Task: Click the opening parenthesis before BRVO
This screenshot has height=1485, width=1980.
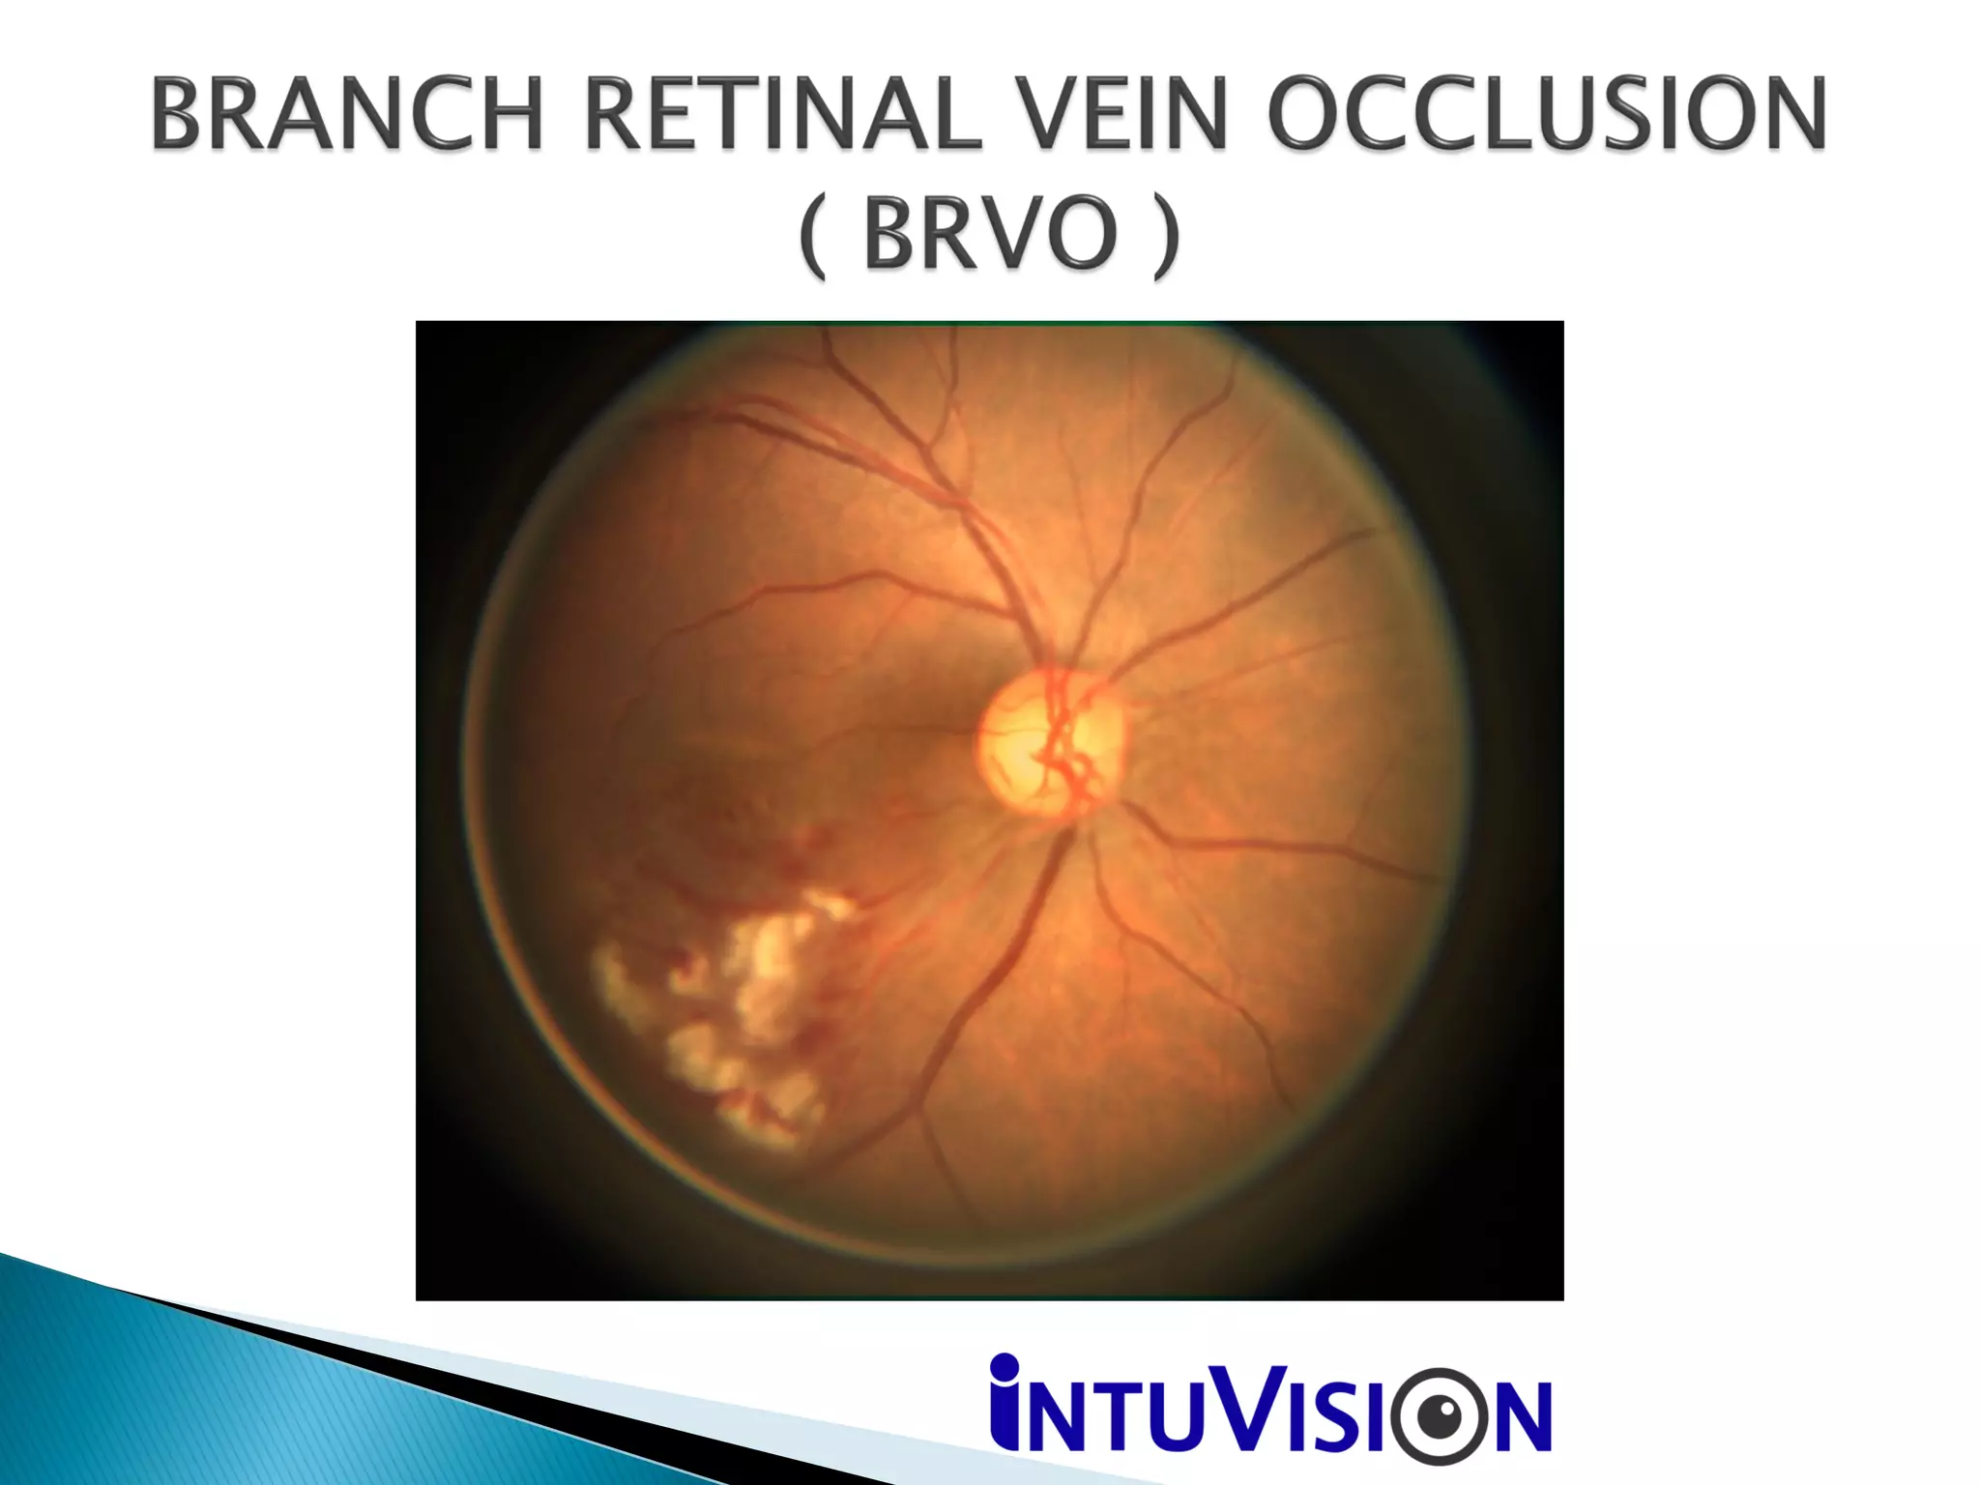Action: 814,235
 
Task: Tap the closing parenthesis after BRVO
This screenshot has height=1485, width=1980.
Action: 1166,235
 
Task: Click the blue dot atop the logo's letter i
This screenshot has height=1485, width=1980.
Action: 1005,1367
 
